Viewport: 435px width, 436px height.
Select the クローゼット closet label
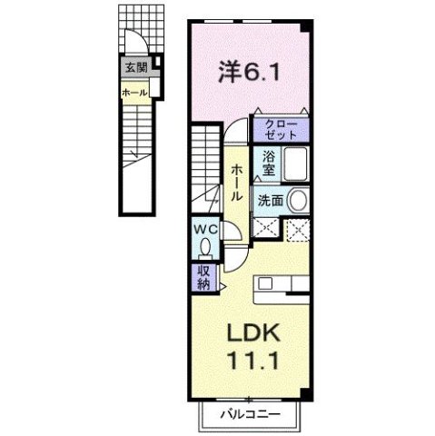point(282,127)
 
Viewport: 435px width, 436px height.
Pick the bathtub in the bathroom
point(294,166)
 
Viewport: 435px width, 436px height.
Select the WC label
point(203,229)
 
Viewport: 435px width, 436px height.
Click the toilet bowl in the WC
point(204,245)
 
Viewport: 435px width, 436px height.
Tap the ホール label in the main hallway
point(236,183)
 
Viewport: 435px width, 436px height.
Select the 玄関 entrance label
point(134,67)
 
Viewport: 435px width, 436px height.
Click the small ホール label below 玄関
point(134,92)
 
